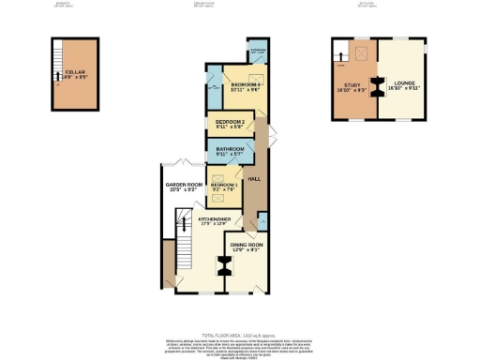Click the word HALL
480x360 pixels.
pyautogui.click(x=252, y=177)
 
